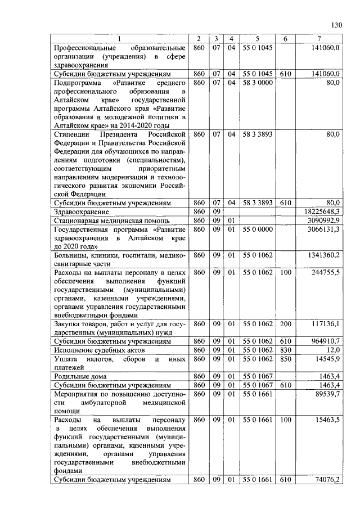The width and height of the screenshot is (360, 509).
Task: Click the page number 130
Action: [x=336, y=25]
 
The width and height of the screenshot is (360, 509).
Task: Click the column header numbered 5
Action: [x=257, y=39]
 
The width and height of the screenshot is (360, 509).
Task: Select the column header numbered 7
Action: [x=319, y=39]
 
